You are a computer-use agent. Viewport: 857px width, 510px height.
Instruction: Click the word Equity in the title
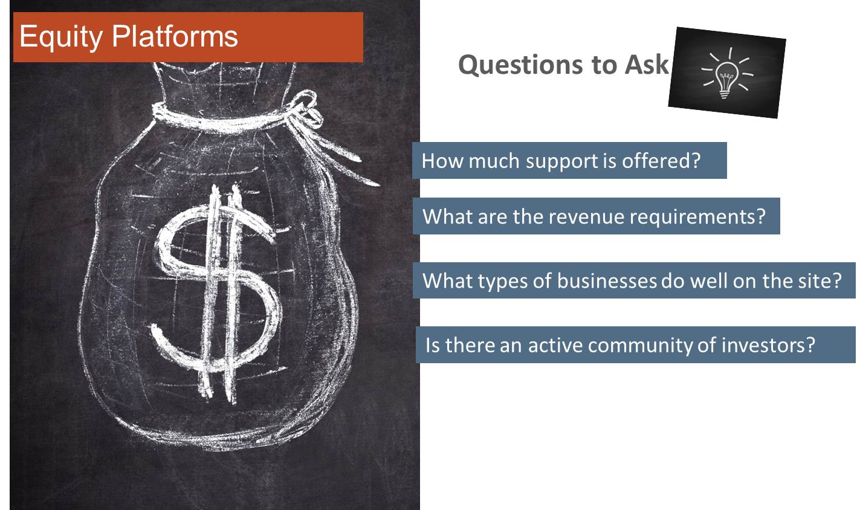click(61, 37)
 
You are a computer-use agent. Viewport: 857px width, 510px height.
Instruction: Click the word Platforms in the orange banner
click(175, 36)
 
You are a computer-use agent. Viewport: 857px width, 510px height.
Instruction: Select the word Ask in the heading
click(647, 64)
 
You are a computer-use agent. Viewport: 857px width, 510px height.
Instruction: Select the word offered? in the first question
click(661, 160)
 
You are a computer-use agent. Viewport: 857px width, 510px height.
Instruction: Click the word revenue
click(587, 217)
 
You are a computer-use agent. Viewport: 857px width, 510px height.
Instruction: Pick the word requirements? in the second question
click(697, 218)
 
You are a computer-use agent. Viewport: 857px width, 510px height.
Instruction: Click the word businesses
click(607, 281)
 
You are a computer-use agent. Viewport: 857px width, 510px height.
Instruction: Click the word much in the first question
click(494, 161)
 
